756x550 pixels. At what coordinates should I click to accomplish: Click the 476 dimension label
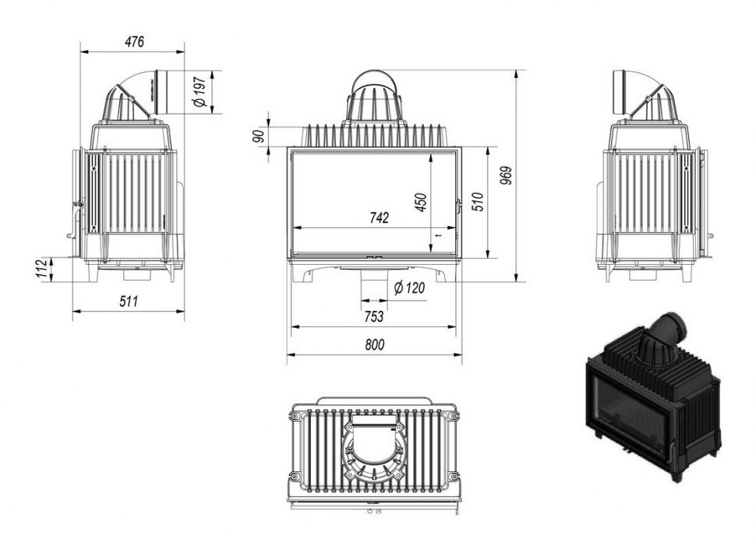click(134, 42)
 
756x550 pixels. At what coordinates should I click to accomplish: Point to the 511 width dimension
click(128, 301)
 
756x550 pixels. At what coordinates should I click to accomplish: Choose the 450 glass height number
click(422, 202)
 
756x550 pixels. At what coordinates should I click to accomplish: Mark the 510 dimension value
click(479, 202)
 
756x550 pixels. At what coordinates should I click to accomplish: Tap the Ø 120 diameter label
click(409, 288)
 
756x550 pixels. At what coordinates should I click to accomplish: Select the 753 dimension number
click(373, 316)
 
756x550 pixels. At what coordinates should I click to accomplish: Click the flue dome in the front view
click(374, 97)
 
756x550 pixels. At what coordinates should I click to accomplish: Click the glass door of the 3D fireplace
click(627, 410)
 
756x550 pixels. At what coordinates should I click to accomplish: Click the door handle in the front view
click(457, 206)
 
